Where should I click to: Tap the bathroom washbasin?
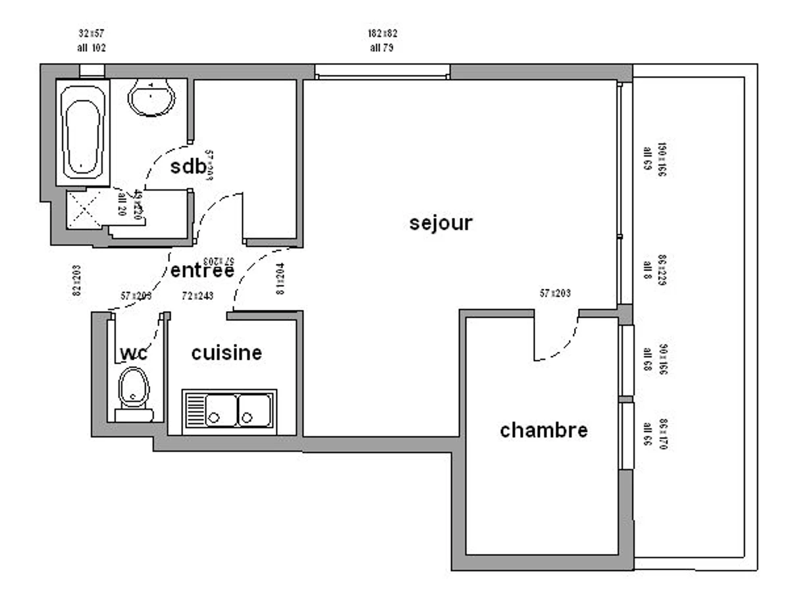click(x=152, y=98)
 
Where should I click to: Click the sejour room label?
click(x=440, y=223)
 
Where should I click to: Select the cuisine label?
click(x=226, y=353)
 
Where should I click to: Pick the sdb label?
click(x=188, y=166)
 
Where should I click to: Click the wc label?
click(x=134, y=353)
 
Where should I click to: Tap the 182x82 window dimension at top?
click(x=382, y=33)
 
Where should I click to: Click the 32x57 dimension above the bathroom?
click(x=92, y=33)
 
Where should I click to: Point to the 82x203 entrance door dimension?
click(x=76, y=281)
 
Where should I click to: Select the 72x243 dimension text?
click(x=197, y=297)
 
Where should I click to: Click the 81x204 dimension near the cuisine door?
click(x=280, y=279)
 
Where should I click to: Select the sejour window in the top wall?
click(x=382, y=72)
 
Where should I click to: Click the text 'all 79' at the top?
click(x=382, y=47)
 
